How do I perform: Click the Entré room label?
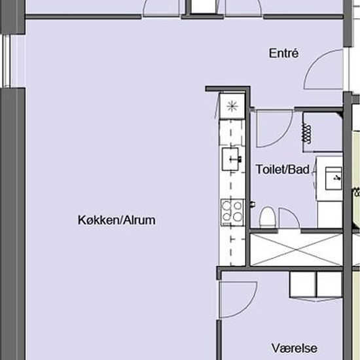[284, 53]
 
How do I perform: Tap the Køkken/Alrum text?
[117, 220]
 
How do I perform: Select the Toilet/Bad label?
[283, 170]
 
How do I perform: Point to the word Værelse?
[295, 348]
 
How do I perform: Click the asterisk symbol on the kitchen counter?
[232, 107]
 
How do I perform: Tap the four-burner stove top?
[232, 212]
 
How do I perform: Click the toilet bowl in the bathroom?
[268, 217]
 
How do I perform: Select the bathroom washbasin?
[333, 179]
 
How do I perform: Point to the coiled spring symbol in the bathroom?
[306, 134]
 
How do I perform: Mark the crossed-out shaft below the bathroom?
[296, 250]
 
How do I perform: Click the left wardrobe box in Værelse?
[302, 284]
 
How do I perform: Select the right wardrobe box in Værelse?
[330, 284]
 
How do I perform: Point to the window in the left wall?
[7, 61]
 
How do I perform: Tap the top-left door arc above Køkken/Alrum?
[161, 9]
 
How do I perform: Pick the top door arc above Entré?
[243, 9]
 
